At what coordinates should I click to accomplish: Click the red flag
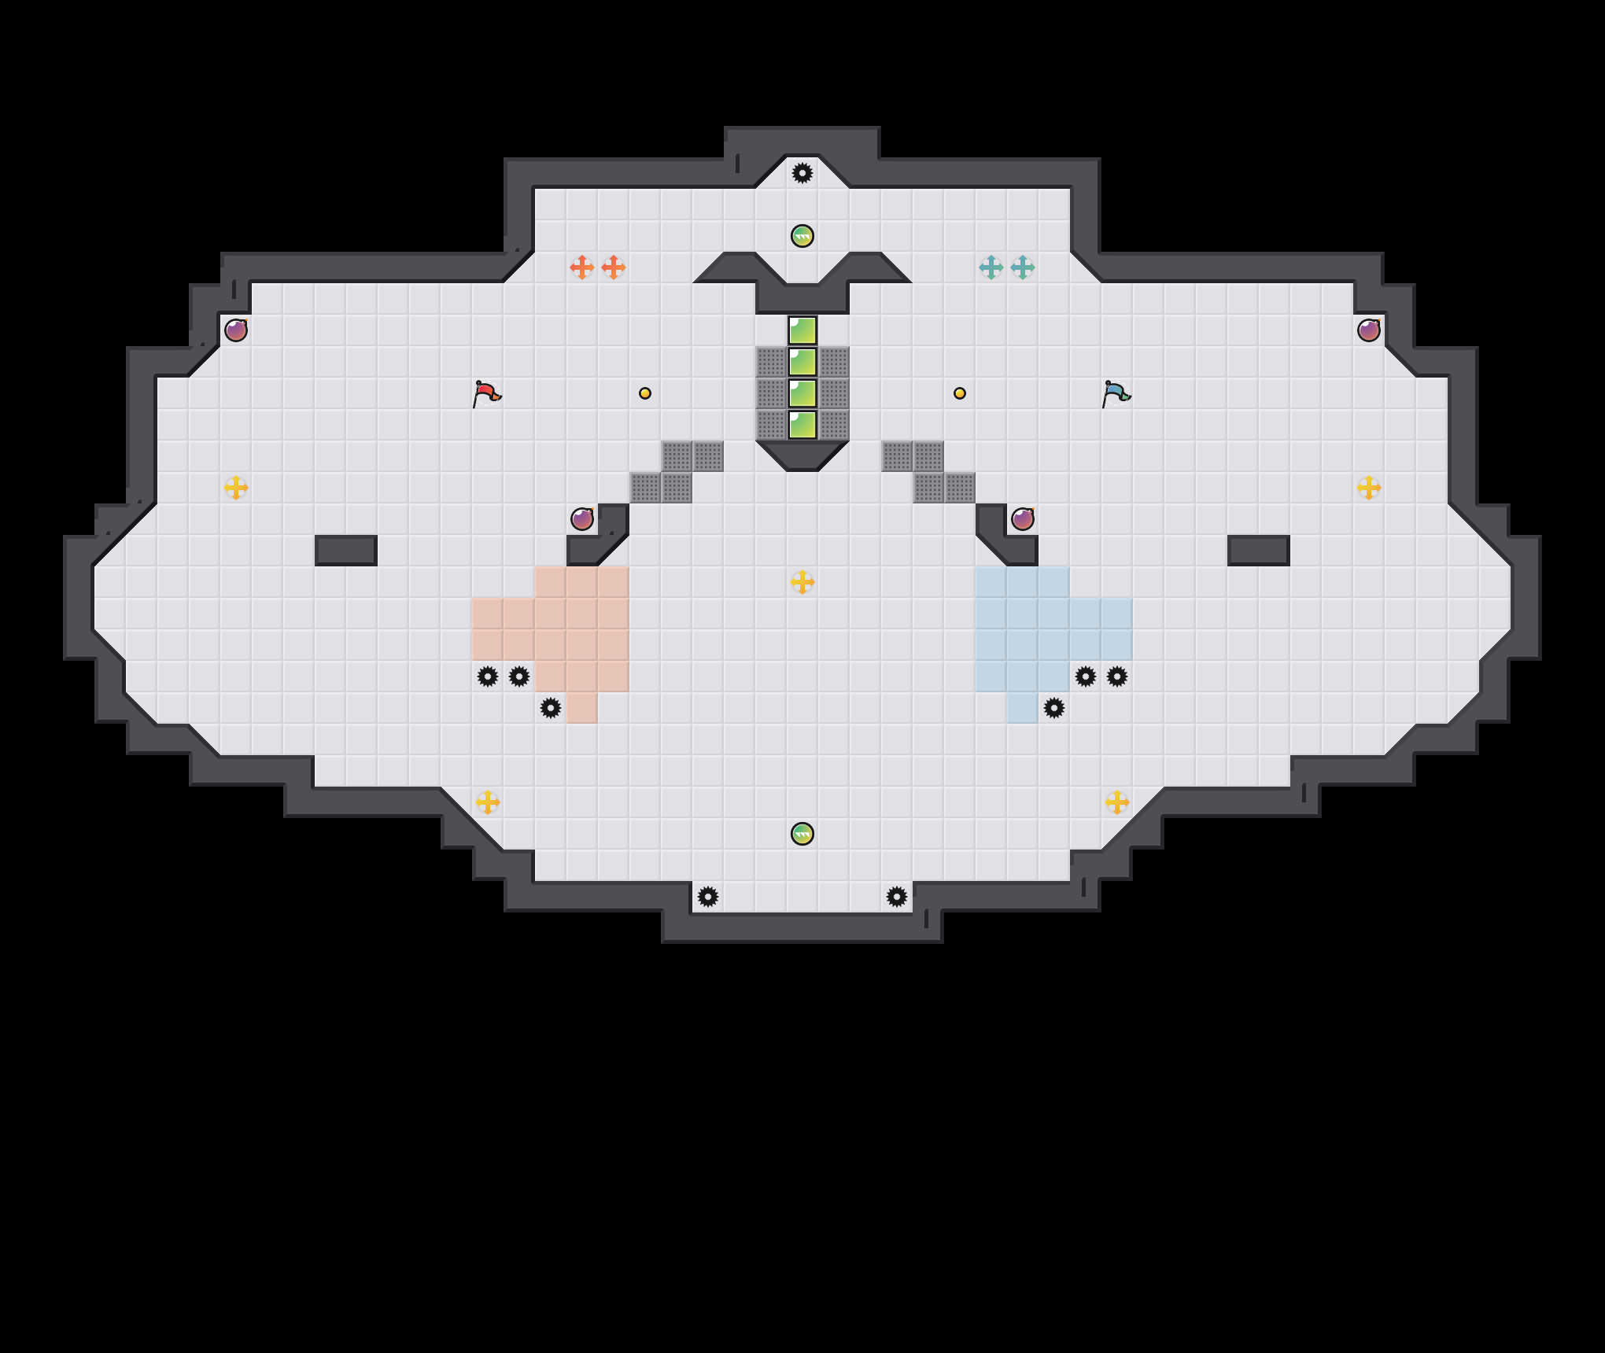point(486,393)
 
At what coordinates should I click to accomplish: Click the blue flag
point(1116,393)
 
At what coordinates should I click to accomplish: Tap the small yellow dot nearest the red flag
point(645,393)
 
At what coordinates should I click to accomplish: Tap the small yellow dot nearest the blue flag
point(960,393)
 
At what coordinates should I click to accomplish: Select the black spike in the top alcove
point(802,173)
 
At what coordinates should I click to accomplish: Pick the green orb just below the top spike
point(802,236)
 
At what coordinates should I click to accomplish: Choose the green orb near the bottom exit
point(802,834)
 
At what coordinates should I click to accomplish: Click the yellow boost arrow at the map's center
point(802,582)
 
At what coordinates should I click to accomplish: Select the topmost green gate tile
point(802,330)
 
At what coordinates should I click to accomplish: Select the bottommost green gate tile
point(802,425)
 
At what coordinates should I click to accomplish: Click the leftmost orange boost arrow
point(582,267)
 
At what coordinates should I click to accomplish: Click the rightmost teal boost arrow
point(1023,267)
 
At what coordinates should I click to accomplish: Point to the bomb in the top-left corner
point(236,330)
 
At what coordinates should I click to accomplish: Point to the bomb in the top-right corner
point(1369,330)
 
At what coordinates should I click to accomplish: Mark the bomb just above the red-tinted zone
point(582,519)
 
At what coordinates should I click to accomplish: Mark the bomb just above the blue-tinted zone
point(1023,519)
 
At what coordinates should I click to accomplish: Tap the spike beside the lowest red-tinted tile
point(551,708)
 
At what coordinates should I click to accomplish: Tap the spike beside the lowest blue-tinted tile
point(1054,708)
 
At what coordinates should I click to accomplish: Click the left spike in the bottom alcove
point(708,897)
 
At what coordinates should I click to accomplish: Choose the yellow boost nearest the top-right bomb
point(1369,488)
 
